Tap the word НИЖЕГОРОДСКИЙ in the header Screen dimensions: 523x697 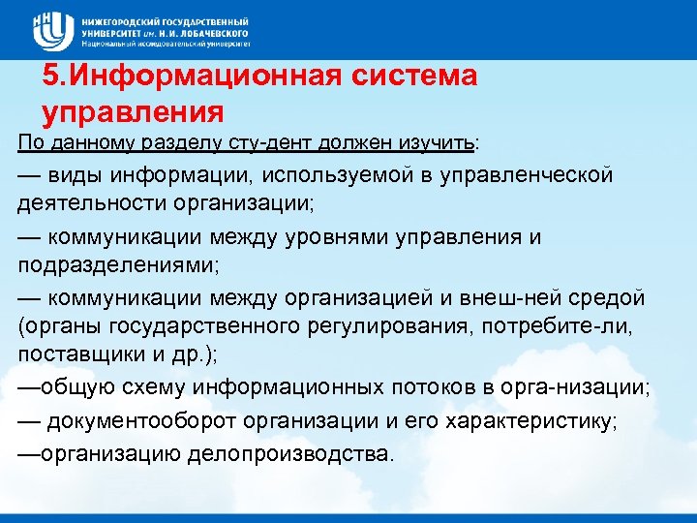123,21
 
